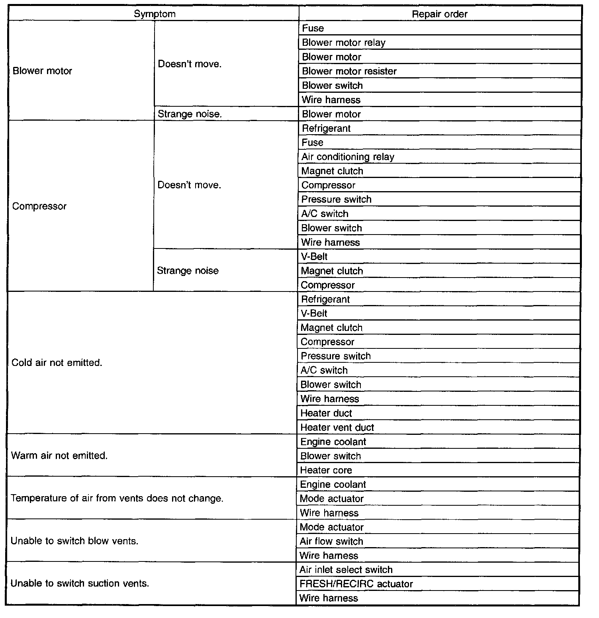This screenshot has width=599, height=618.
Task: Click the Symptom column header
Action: [x=155, y=14]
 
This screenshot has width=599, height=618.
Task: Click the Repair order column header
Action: [x=439, y=14]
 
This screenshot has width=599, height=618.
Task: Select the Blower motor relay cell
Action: [x=344, y=43]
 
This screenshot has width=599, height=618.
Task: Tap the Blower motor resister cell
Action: [x=349, y=71]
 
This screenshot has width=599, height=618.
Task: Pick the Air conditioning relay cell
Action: [x=348, y=157]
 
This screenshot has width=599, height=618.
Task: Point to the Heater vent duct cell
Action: [x=337, y=428]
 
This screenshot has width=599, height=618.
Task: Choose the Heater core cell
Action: [x=326, y=470]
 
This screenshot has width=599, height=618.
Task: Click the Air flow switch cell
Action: [x=331, y=542]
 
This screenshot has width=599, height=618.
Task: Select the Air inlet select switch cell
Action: [x=346, y=570]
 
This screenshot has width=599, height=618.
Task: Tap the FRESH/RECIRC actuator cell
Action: [x=356, y=584]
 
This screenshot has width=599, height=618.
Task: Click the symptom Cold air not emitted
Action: [x=57, y=363]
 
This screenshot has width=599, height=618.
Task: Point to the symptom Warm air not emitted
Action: [x=59, y=456]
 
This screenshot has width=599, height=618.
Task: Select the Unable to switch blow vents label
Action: [x=74, y=541]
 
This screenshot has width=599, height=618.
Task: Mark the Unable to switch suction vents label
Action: [x=80, y=584]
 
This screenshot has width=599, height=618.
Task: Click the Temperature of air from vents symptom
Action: [x=117, y=499]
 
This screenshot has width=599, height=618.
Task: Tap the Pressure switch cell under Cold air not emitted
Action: [x=336, y=356]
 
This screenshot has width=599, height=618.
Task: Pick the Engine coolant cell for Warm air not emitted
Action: [x=333, y=442]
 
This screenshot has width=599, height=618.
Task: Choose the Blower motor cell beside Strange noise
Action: [x=331, y=114]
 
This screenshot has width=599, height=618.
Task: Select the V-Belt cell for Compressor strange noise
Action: [x=314, y=257]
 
